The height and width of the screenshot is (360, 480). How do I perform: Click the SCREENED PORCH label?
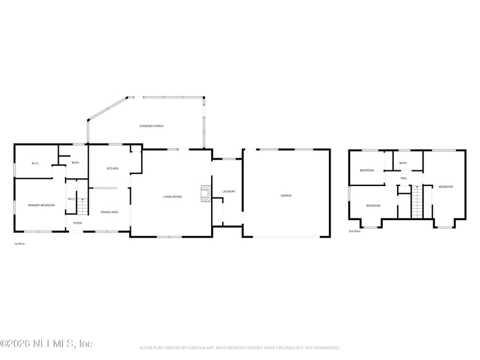151,126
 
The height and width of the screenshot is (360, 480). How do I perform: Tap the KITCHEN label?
113,169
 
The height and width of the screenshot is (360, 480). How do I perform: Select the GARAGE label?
286,196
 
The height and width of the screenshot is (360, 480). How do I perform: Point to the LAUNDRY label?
228,191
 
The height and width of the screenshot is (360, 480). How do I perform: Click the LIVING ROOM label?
172,197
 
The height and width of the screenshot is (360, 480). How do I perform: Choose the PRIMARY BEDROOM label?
41,206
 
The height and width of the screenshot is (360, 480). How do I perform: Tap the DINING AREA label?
109,212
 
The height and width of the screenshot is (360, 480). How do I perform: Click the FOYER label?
77,223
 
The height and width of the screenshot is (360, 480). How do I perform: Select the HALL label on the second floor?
404,178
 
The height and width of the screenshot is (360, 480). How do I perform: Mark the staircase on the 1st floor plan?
82,206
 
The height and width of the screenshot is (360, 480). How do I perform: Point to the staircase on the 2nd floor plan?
417,202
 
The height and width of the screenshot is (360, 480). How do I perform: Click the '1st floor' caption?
19,244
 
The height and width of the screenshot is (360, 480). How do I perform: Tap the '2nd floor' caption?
355,231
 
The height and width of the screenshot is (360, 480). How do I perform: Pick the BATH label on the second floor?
403,163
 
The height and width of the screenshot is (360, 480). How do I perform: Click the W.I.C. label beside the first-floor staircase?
71,199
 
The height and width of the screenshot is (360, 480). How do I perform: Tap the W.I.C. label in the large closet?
35,164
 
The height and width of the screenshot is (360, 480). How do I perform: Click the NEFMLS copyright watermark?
46,344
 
